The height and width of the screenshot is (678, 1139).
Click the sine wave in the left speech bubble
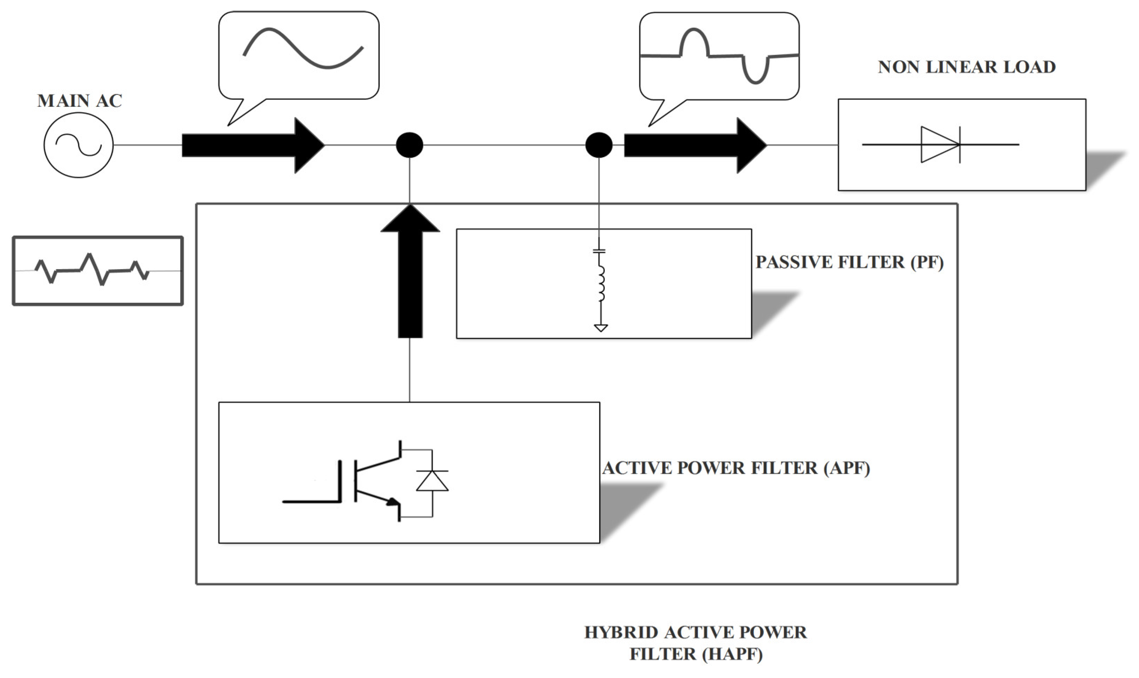pyautogui.click(x=303, y=48)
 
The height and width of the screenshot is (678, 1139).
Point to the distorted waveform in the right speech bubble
pyautogui.click(x=719, y=56)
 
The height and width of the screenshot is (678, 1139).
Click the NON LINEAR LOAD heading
pyautogui.click(x=967, y=67)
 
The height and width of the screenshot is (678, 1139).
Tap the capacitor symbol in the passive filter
pyautogui.click(x=599, y=250)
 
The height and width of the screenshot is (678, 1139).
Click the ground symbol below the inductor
pyautogui.click(x=600, y=327)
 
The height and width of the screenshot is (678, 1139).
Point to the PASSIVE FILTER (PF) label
pyautogui.click(x=849, y=262)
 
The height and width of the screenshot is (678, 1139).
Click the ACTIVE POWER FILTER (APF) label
pyautogui.click(x=736, y=468)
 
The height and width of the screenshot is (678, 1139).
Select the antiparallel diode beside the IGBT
pyautogui.click(x=432, y=481)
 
